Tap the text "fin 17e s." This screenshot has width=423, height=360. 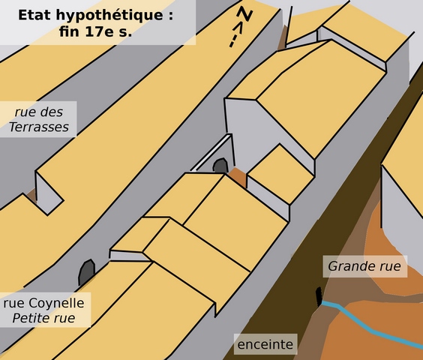(x=95, y=31)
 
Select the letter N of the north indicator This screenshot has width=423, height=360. (x=245, y=13)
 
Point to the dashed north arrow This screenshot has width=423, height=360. (x=235, y=34)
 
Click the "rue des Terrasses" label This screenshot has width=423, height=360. (x=39, y=119)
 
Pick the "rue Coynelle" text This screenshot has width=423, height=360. (x=44, y=303)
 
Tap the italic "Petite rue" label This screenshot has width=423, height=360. (x=43, y=318)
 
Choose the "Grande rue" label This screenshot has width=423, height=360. (x=364, y=266)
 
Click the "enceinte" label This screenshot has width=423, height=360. (x=265, y=344)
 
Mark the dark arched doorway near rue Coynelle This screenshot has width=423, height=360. (x=86, y=271)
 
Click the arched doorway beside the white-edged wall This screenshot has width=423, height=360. (x=220, y=166)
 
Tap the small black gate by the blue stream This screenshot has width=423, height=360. (x=319, y=296)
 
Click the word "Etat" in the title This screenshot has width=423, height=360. (x=34, y=15)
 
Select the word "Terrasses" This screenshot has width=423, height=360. (x=39, y=127)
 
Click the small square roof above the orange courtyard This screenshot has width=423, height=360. (x=280, y=174)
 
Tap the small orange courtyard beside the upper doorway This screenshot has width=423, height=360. (x=238, y=176)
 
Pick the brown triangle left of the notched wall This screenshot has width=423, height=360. (x=32, y=196)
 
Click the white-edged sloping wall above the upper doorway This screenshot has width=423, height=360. (x=211, y=152)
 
